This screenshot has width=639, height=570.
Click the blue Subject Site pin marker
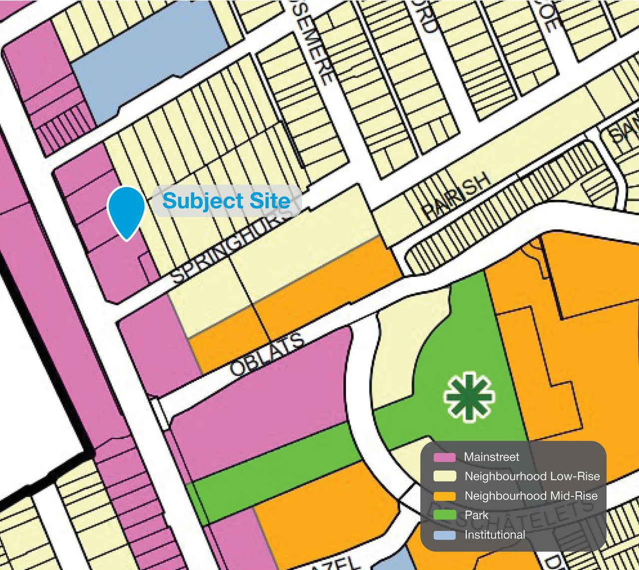126,210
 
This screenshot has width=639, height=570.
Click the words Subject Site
226,201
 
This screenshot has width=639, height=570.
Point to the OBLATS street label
267,355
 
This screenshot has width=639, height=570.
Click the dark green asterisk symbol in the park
468,396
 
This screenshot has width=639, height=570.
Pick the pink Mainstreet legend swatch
444,457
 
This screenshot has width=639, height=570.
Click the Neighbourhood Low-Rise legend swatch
444,477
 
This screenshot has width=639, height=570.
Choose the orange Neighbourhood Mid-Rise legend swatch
444,496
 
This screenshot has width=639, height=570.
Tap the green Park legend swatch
444,516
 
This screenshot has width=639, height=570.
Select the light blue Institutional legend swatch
444,535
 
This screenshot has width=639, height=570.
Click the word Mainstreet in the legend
492,457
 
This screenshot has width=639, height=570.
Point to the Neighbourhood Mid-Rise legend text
531,496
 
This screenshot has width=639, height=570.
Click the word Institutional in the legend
495,535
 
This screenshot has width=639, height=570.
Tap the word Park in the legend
476,515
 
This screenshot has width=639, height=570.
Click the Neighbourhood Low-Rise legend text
532,476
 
